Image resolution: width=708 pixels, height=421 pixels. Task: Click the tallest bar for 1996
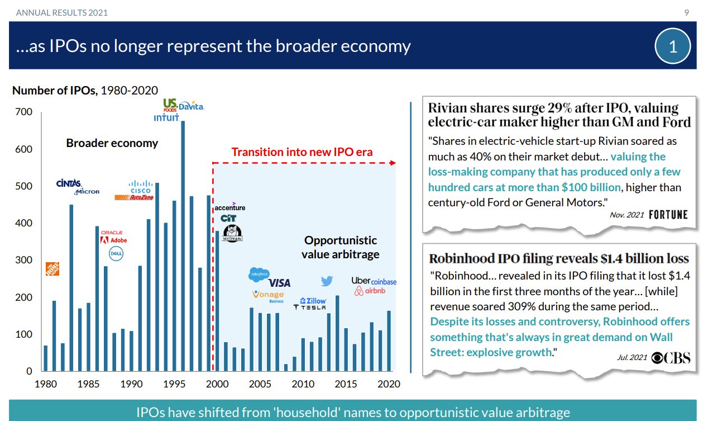tap(183, 246)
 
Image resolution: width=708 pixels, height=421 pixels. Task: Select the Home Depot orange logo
tap(52, 269)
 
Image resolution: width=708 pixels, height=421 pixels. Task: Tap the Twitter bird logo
tap(327, 281)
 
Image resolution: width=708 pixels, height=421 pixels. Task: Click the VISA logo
tap(279, 283)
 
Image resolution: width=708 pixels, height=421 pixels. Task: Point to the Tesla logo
tap(310, 307)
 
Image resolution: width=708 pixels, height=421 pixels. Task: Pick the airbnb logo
tap(370, 291)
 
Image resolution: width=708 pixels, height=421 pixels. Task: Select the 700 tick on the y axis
tap(25, 112)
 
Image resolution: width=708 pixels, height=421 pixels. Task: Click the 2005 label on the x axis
tap(260, 384)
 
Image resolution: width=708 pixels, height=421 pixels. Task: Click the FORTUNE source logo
tap(668, 215)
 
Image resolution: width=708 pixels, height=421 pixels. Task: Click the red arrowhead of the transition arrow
tap(393, 163)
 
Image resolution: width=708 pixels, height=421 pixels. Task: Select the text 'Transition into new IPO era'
tap(302, 152)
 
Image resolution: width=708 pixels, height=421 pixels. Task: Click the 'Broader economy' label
tap(112, 143)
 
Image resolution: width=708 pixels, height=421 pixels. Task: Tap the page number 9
tap(687, 12)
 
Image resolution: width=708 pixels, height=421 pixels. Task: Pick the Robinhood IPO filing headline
tap(558, 259)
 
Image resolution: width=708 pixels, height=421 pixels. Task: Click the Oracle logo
tap(112, 232)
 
